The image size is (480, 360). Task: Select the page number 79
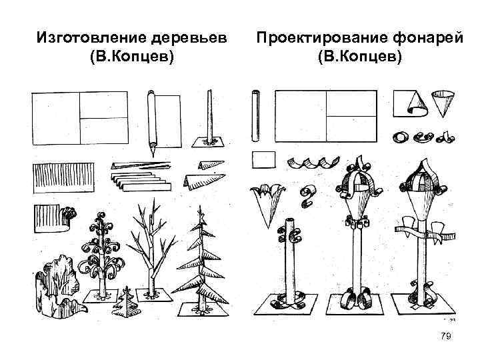(446, 337)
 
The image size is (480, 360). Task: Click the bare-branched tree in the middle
(149, 247)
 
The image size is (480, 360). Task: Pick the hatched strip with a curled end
(52, 219)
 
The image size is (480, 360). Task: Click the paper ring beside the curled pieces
(400, 137)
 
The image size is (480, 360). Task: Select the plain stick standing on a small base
(210, 120)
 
